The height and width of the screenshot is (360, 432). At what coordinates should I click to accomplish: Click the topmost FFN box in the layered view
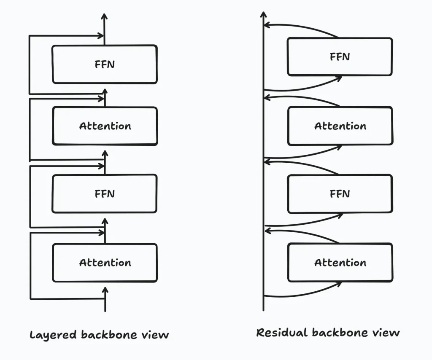[x=105, y=64]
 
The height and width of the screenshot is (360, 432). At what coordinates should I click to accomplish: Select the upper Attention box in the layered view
[x=105, y=126]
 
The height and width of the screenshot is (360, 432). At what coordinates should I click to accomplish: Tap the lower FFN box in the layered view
[x=105, y=193]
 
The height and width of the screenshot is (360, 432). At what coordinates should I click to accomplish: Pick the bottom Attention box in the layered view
[x=105, y=263]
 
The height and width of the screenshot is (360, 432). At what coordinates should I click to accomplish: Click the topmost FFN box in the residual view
[x=340, y=56]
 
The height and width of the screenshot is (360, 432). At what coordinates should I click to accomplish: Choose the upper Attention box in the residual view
[x=340, y=126]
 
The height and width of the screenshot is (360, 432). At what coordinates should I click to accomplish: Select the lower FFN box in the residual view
[x=340, y=193]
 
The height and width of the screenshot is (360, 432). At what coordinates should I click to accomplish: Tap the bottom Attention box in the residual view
[x=340, y=263]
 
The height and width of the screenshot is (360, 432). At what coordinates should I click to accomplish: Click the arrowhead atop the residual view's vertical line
[x=263, y=16]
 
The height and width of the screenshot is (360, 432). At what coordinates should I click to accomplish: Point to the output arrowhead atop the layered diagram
[x=105, y=17]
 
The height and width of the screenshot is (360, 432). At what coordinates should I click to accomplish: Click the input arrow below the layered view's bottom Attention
[x=105, y=299]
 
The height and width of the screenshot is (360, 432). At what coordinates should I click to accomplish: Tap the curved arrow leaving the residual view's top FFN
[x=300, y=27]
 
